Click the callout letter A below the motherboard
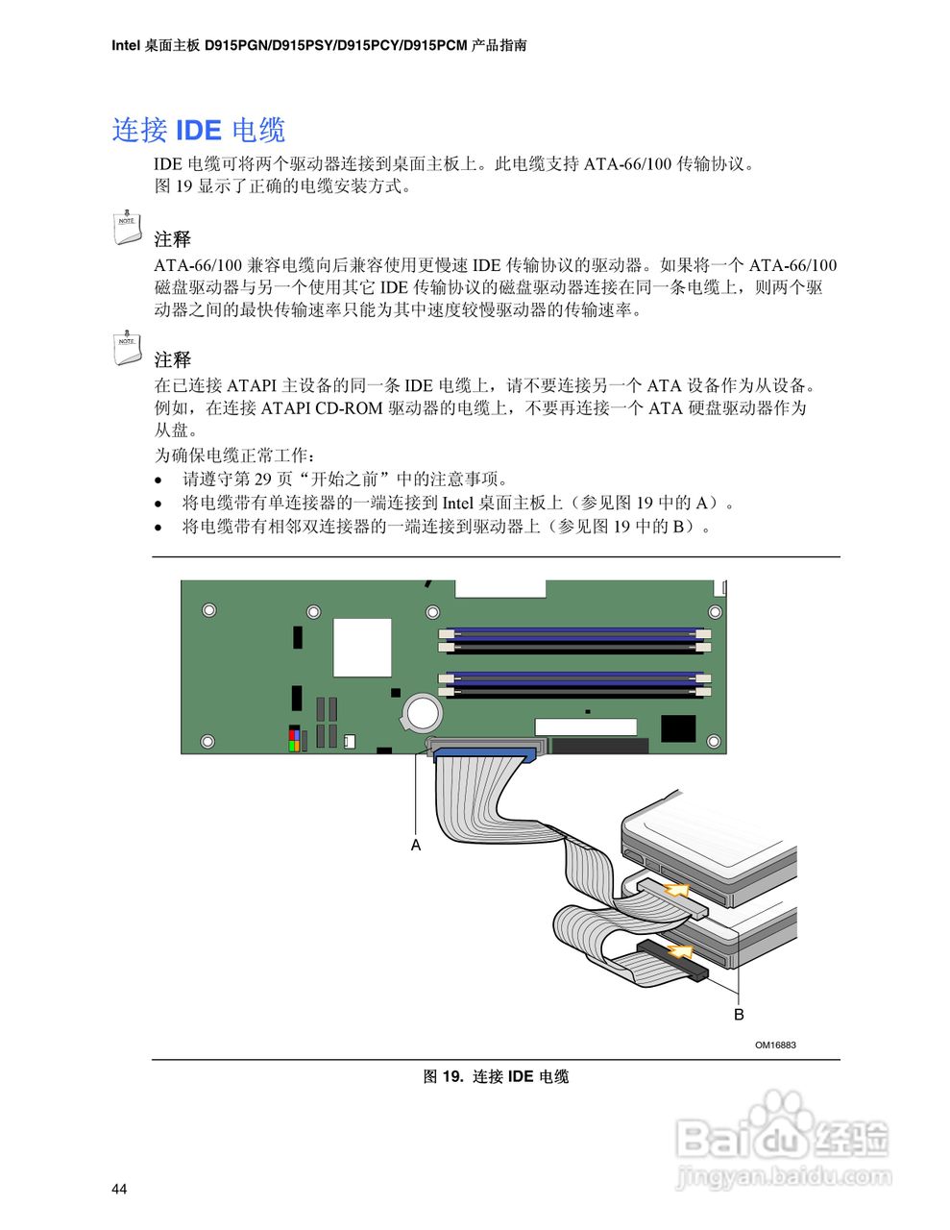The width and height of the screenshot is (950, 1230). coord(416,846)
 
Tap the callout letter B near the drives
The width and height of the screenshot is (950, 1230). coord(739,1015)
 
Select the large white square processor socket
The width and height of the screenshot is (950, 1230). coord(362,647)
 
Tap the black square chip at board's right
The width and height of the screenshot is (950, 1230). coord(678,727)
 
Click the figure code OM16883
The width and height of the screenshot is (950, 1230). coord(775,1045)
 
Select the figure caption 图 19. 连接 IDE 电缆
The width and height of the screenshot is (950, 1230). coord(496,1076)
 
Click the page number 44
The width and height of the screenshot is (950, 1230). coord(119,1190)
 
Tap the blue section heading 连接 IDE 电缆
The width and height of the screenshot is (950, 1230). coord(199,130)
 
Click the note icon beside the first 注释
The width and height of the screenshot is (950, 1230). coord(126,225)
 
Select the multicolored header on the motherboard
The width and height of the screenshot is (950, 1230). coord(295,739)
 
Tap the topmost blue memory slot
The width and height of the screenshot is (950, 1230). coord(573,634)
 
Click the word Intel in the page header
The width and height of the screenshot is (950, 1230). coord(126,45)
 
